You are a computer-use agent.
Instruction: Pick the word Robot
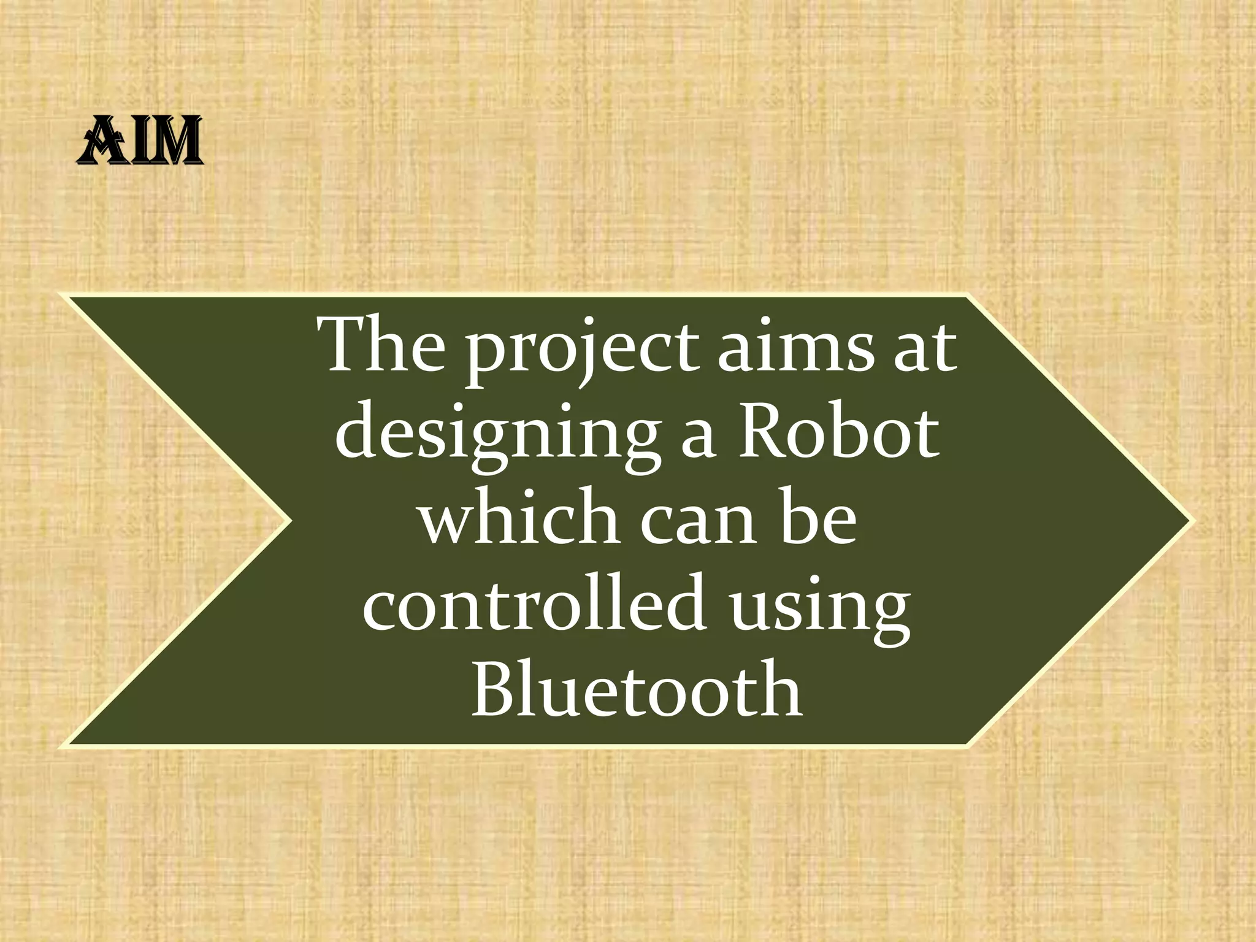pyautogui.click(x=838, y=432)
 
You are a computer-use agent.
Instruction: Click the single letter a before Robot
pyautogui.click(x=698, y=437)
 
